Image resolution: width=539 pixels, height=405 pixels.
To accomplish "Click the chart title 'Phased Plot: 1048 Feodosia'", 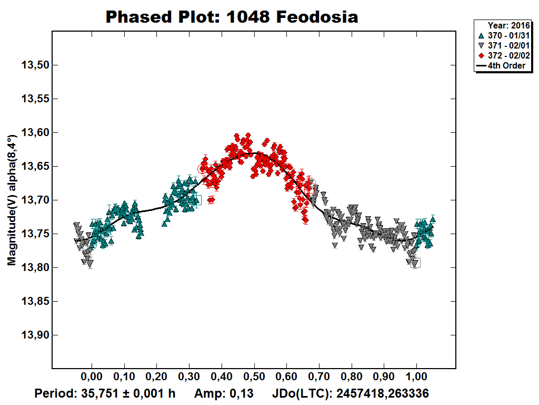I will tap(232, 17).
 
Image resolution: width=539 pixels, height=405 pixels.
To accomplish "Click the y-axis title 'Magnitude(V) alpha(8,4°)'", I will tap(11, 200).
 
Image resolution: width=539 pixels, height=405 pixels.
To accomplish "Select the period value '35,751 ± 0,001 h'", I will tap(104, 393).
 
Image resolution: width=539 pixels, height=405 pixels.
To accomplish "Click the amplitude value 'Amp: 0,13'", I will tap(224, 393).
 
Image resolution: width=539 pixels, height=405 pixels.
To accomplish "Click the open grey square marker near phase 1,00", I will tap(416, 263).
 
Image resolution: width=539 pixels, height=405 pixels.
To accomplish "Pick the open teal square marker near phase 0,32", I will tap(197, 200).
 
